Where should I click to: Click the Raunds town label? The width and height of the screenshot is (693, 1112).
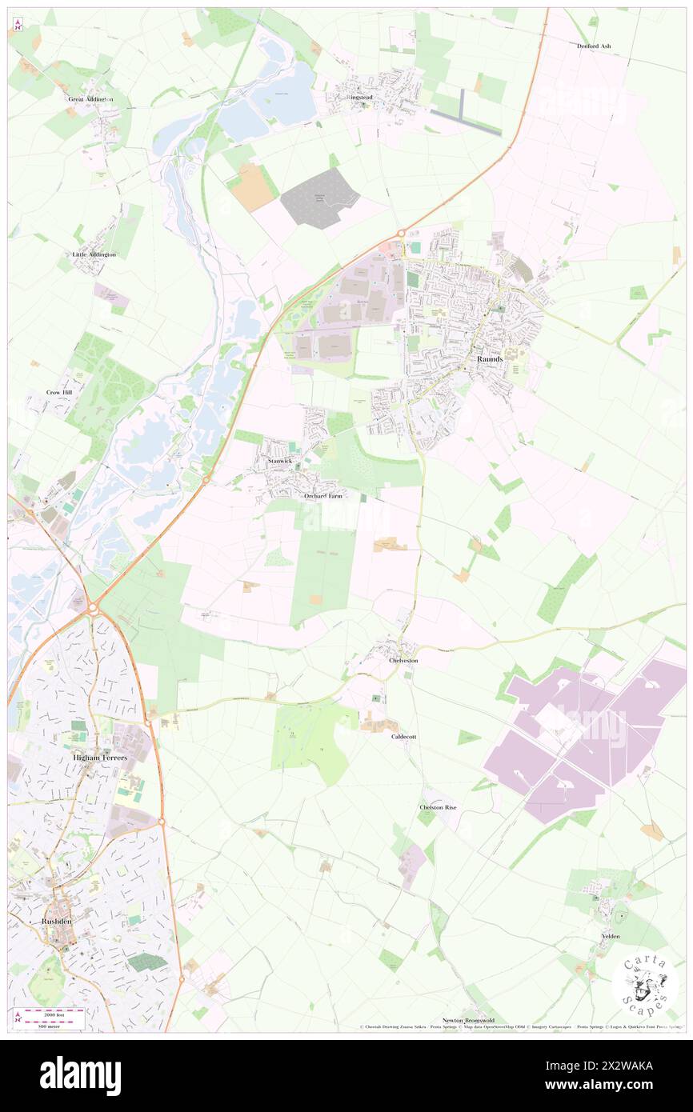coord(490,359)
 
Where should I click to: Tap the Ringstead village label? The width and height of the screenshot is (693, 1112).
coord(359,98)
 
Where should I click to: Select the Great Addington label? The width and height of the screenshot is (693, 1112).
coord(90,99)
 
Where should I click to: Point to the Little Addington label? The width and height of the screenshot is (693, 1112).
coord(94,254)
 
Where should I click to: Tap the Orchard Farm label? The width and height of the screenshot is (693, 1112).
coord(323,496)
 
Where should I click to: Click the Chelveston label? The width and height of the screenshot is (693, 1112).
coord(403,661)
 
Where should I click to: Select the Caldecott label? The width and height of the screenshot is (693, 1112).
coord(403,736)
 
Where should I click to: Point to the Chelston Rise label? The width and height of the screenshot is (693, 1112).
coord(438,808)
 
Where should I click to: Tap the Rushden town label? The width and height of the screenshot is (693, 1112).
coord(57,922)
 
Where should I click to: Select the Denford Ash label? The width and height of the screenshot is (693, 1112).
coord(594,46)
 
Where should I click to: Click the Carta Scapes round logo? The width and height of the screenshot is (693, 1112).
coord(645,984)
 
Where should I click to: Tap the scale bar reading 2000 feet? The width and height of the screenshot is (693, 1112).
coord(51,1013)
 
